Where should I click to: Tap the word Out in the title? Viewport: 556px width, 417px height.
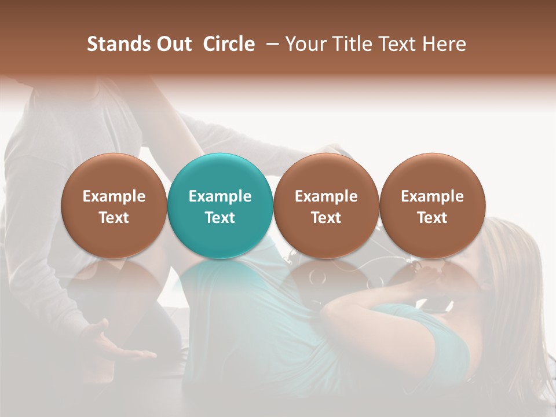pyautogui.click(x=173, y=44)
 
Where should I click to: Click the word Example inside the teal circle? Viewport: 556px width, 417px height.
pyautogui.click(x=220, y=196)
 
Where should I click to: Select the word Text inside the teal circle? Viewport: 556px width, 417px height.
pyautogui.click(x=220, y=218)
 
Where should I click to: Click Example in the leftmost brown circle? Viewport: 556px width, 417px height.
pyautogui.click(x=114, y=196)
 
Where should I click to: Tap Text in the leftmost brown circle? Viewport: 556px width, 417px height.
pyautogui.click(x=114, y=218)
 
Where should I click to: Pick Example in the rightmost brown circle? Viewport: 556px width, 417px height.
pyautogui.click(x=432, y=196)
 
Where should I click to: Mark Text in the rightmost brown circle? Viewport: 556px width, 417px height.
pyautogui.click(x=432, y=218)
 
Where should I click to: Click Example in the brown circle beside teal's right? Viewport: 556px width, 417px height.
pyautogui.click(x=326, y=196)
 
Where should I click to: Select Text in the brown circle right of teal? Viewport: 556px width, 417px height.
pyautogui.click(x=326, y=218)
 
